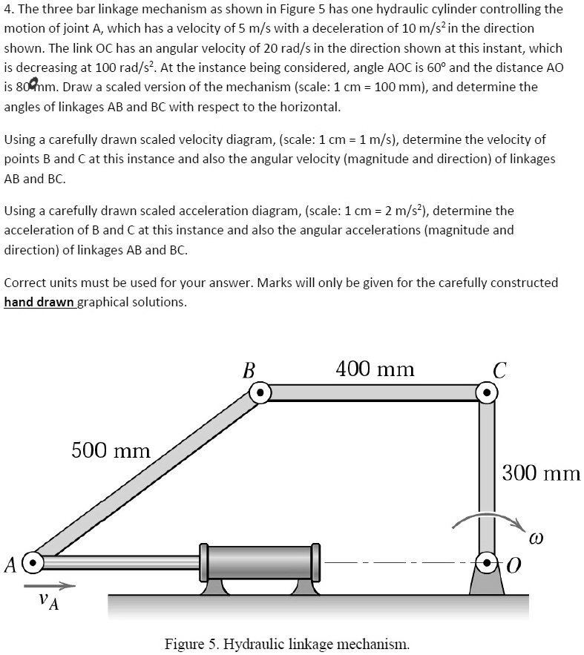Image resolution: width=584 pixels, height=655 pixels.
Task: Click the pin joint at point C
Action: pyautogui.click(x=486, y=392)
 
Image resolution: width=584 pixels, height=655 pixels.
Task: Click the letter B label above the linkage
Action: pyautogui.click(x=249, y=368)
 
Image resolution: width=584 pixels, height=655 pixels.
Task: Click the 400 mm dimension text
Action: pyautogui.click(x=375, y=369)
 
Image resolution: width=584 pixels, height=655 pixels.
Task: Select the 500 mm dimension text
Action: pyautogui.click(x=111, y=450)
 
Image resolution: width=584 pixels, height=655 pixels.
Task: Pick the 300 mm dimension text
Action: pyautogui.click(x=541, y=473)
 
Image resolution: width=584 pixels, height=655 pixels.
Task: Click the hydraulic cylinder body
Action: pyautogui.click(x=260, y=563)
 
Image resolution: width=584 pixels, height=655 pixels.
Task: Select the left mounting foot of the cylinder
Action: pyautogui.click(x=214, y=587)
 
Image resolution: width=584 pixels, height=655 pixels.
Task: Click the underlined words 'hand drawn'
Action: pyautogui.click(x=42, y=302)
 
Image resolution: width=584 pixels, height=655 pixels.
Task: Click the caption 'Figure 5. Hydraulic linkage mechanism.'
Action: pyautogui.click(x=286, y=642)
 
